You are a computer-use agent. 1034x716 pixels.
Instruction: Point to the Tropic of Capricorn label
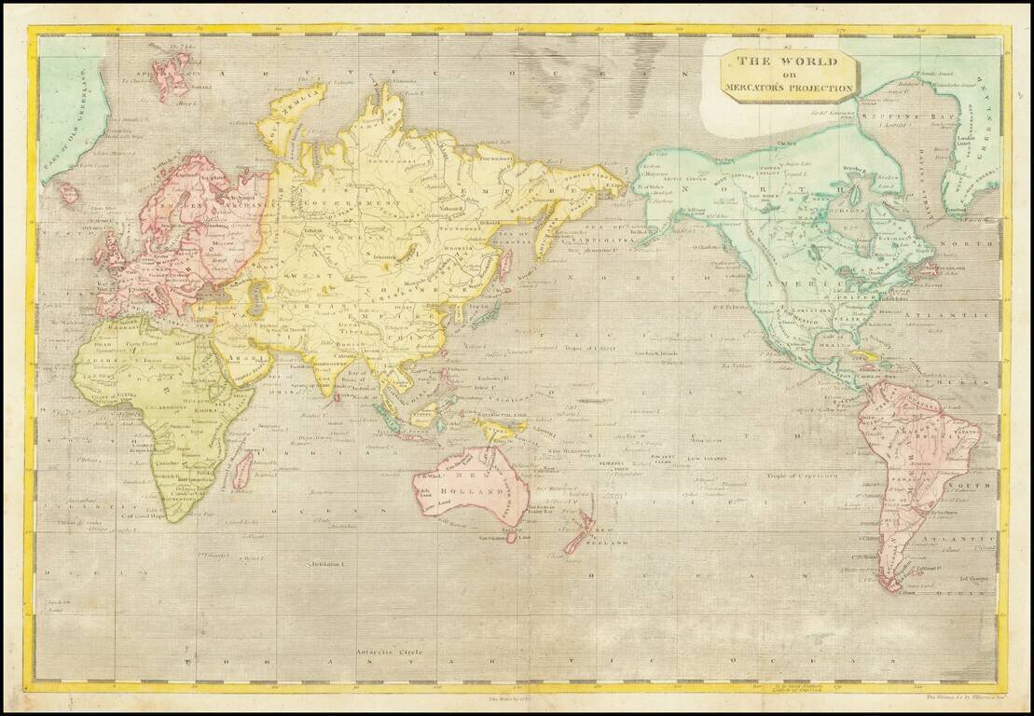pos(791,476)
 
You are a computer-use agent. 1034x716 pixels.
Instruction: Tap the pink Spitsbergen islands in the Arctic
pos(173,75)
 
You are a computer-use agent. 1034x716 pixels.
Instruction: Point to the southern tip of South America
pos(893,586)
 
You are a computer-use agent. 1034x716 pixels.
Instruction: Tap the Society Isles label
pos(663,459)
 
